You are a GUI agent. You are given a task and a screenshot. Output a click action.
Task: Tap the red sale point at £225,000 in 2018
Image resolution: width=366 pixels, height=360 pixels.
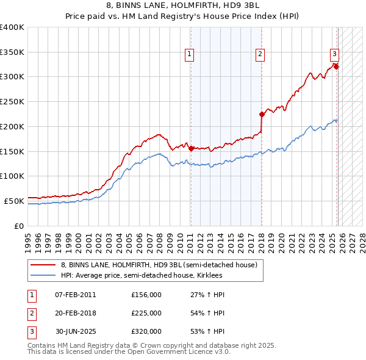pyautogui.click(x=262, y=113)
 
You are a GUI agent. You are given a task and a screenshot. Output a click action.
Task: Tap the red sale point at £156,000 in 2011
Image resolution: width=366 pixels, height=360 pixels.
pyautogui.click(x=191, y=148)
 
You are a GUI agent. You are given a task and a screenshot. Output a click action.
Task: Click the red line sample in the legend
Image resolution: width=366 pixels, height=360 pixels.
pyautogui.click(x=43, y=265)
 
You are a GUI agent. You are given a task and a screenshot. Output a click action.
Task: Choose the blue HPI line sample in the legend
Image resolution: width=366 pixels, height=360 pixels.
pyautogui.click(x=43, y=275)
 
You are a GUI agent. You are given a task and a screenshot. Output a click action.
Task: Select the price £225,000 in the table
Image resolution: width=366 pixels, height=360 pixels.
pyautogui.click(x=146, y=313)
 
